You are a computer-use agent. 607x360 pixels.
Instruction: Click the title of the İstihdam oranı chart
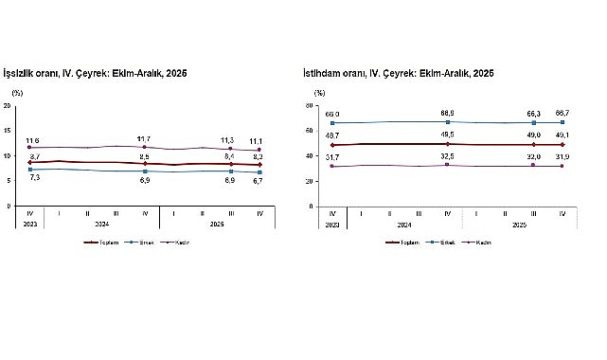[404, 74]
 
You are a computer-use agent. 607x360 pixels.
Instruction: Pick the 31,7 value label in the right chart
[332, 156]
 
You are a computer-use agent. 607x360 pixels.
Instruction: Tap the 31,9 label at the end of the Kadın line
[562, 156]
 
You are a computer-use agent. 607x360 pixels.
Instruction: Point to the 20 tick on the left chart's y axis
[8, 105]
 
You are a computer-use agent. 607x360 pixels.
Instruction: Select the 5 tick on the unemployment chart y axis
[9, 181]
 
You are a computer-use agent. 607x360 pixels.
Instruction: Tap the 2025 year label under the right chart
[519, 225]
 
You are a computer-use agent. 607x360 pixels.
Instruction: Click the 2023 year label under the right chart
[332, 225]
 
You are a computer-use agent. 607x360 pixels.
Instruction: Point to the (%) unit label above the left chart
[17, 93]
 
